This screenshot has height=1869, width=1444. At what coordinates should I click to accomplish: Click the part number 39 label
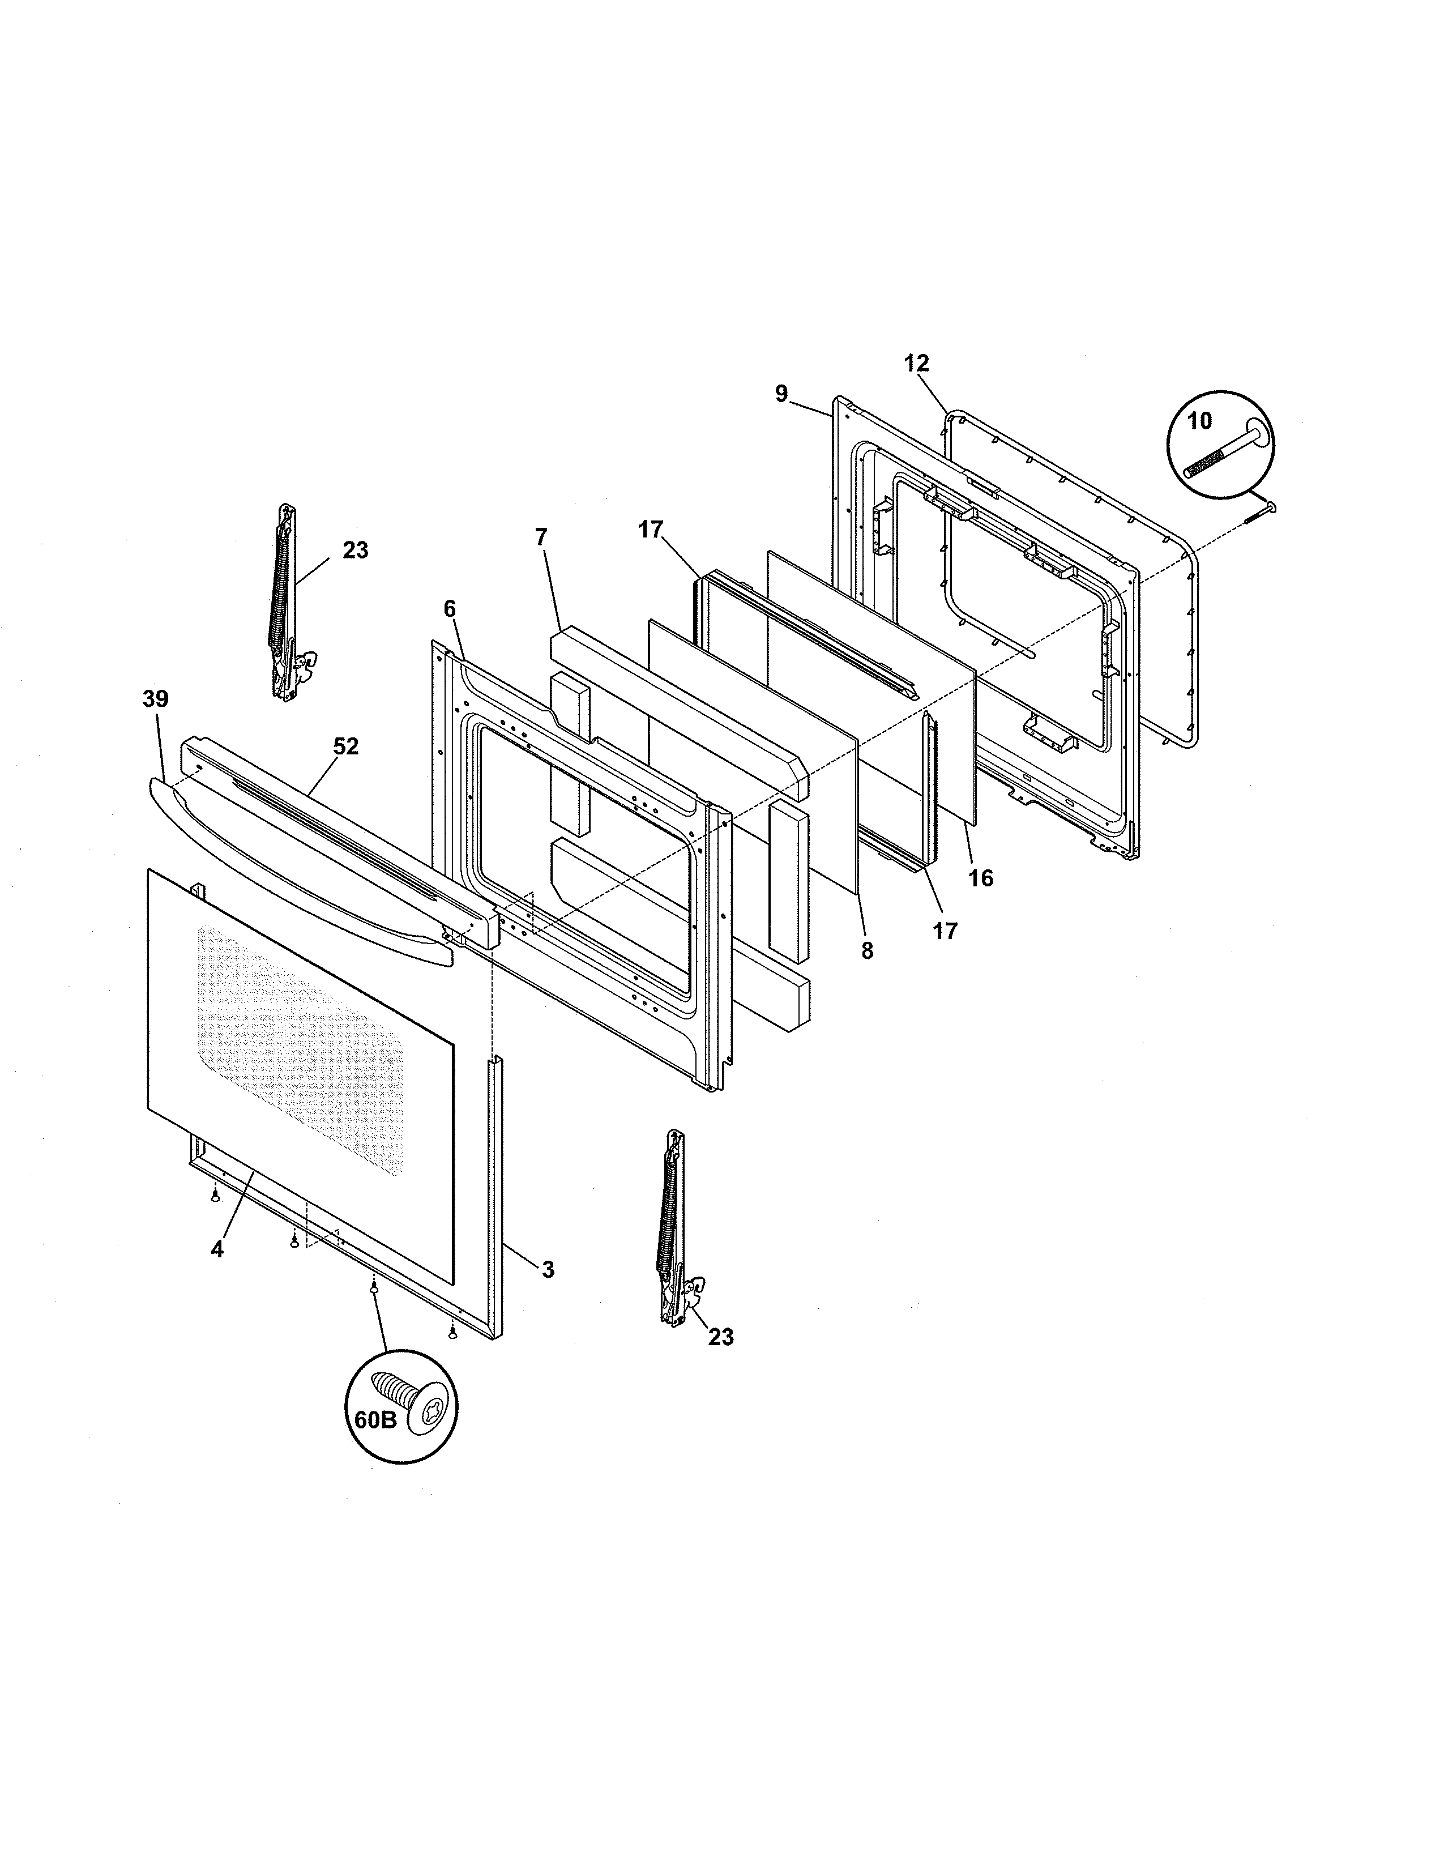[x=156, y=699]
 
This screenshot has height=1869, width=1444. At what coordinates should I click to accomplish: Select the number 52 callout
[x=345, y=747]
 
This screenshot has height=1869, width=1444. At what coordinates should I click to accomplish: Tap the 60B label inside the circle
[x=375, y=1420]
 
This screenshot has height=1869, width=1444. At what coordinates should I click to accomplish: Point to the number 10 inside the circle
[x=1200, y=421]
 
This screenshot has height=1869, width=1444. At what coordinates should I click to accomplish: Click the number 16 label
[x=981, y=878]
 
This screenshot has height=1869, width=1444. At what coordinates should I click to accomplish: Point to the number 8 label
[x=868, y=951]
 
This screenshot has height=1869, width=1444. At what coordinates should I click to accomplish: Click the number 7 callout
[x=541, y=537]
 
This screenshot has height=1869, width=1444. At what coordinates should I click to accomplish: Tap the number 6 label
[x=449, y=609]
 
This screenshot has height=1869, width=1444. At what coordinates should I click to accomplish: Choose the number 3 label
[x=548, y=1270]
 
